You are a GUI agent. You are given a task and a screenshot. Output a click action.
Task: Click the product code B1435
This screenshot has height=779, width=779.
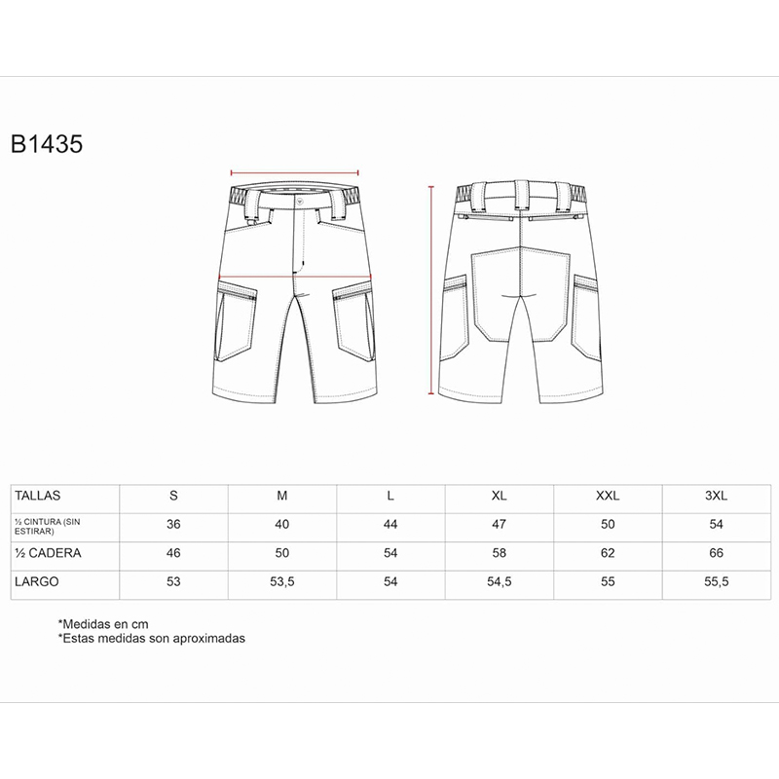tap(47, 144)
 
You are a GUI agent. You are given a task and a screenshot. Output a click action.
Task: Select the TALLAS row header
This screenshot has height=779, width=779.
tap(38, 496)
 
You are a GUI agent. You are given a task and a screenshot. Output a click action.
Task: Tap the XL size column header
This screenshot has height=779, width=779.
tap(499, 496)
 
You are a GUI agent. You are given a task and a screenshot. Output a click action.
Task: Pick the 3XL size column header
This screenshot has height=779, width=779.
tap(716, 496)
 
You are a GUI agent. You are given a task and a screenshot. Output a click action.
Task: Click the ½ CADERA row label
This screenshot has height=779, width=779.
tap(48, 553)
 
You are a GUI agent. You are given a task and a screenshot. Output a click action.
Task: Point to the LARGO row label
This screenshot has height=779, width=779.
tap(37, 581)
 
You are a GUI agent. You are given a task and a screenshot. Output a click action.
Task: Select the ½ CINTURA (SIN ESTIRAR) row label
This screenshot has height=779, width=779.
tap(47, 527)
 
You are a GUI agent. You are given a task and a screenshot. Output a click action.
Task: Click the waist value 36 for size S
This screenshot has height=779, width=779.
tap(173, 524)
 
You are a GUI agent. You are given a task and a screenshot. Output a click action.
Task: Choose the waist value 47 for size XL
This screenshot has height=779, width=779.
tap(499, 524)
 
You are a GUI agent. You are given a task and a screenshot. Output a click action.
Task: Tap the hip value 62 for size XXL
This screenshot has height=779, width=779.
tap(608, 553)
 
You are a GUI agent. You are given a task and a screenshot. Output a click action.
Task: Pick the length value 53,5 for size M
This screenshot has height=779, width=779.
tap(282, 581)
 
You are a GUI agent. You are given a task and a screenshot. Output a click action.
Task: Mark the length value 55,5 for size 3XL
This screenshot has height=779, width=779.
tap(716, 581)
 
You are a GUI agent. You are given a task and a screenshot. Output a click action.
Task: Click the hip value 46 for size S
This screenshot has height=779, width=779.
tap(173, 553)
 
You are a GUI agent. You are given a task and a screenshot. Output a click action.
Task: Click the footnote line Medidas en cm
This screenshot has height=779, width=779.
tap(103, 624)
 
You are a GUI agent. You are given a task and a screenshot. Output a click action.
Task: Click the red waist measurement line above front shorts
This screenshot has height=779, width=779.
tap(295, 173)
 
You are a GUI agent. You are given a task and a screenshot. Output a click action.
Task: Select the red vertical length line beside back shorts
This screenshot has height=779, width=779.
tap(431, 290)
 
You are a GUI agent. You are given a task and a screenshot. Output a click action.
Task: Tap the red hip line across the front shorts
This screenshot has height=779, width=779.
tap(295, 277)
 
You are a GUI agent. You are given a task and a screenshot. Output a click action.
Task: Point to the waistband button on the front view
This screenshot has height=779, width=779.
tap(300, 203)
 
